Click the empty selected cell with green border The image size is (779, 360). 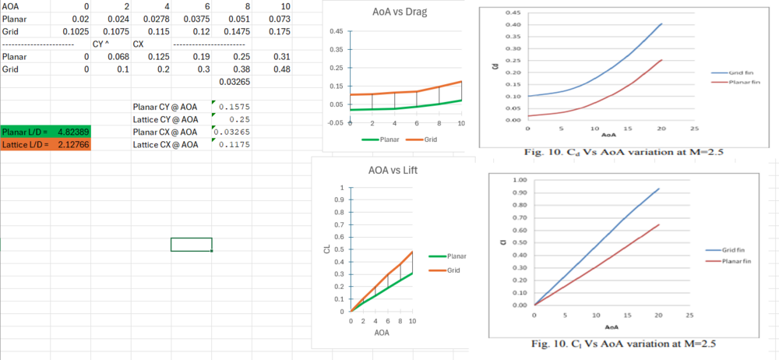click(x=191, y=245)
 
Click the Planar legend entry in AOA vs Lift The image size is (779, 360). click(x=450, y=256)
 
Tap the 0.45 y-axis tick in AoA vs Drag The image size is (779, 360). click(x=334, y=32)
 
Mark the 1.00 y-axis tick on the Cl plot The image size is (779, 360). click(x=518, y=180)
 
